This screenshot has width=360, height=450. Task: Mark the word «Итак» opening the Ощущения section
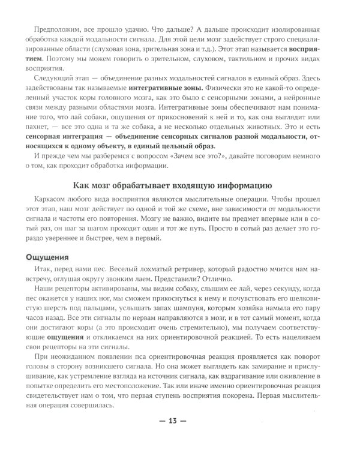tap(46, 271)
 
